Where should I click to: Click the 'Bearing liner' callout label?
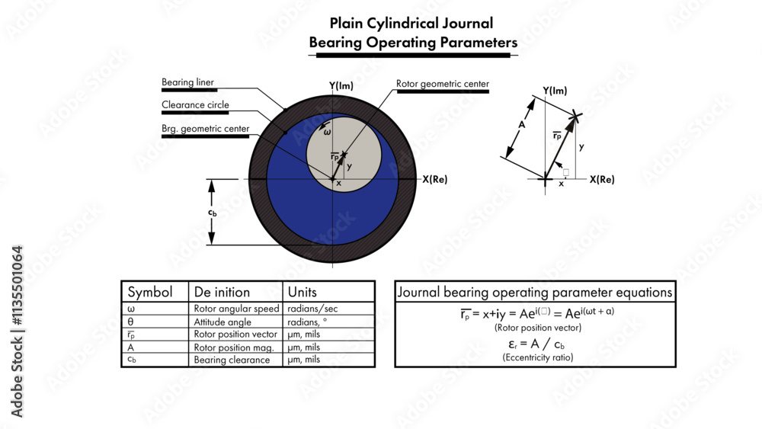click(x=187, y=82)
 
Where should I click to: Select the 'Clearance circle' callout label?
click(x=195, y=105)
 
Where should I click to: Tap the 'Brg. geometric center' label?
click(x=205, y=129)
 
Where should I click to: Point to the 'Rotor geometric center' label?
click(x=442, y=84)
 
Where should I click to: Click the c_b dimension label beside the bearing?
click(x=213, y=213)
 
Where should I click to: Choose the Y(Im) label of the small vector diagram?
click(x=555, y=91)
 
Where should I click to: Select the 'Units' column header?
click(x=302, y=292)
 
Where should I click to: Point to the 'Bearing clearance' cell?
click(x=232, y=360)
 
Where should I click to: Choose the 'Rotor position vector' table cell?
click(x=234, y=335)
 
